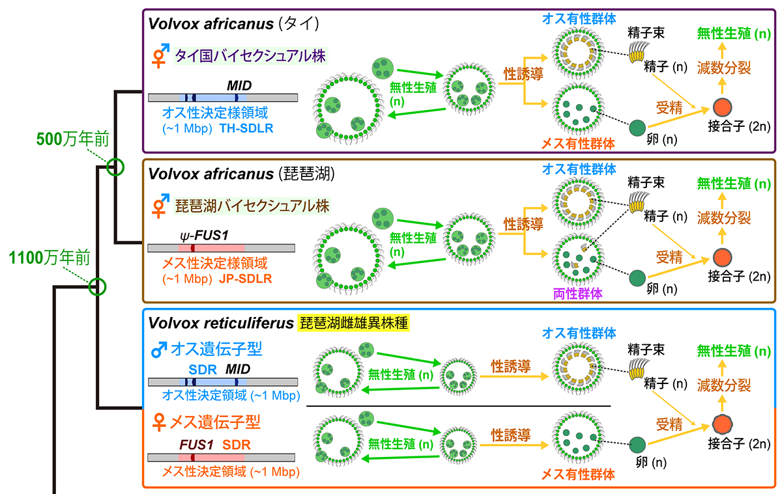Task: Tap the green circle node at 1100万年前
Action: (97, 285)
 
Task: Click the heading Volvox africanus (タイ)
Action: (233, 24)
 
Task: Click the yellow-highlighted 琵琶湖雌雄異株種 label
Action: (354, 323)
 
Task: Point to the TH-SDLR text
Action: (247, 128)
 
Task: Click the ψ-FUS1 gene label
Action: (203, 233)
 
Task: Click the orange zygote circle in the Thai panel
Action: (722, 107)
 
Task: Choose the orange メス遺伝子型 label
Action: (214, 422)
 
